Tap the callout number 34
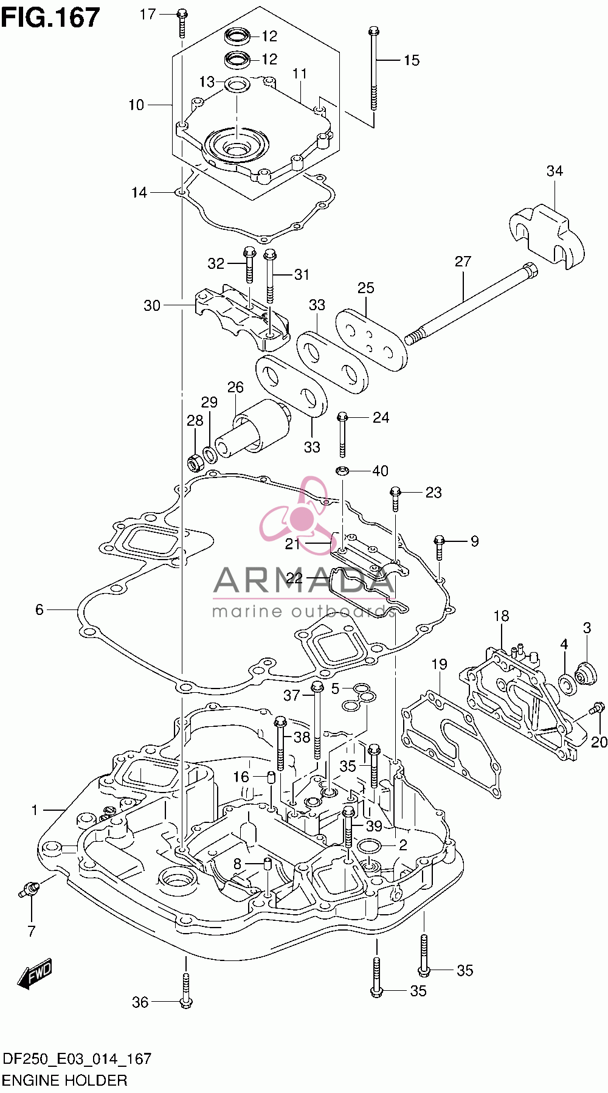[x=554, y=171]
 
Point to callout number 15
[x=412, y=60]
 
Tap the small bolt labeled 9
[x=440, y=547]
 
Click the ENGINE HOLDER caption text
[x=65, y=1080]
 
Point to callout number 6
[x=40, y=609]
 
